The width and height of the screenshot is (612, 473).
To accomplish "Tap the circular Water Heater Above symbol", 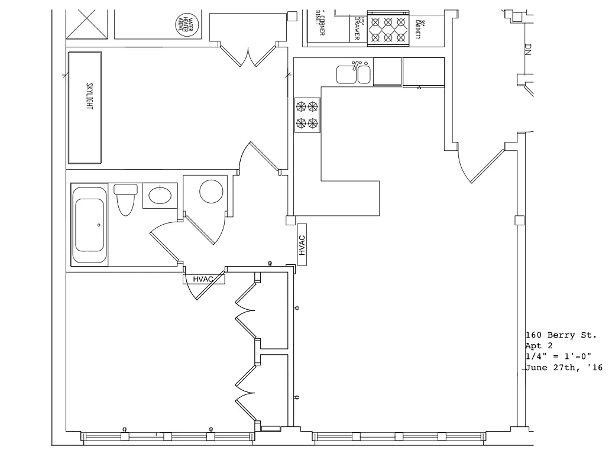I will click(187, 24).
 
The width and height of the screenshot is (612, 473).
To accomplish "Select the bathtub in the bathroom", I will click(89, 225).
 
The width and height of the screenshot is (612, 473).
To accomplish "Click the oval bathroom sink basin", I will click(160, 195).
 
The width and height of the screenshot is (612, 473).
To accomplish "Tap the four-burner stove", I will click(307, 115).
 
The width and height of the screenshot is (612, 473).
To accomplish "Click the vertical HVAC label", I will click(302, 245).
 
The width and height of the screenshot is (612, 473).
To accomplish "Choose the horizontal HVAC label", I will click(203, 279).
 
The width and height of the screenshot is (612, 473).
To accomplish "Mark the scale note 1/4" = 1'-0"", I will click(565, 357).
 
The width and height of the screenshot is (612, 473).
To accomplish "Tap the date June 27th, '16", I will click(564, 368).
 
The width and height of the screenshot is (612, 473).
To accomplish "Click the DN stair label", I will click(528, 50).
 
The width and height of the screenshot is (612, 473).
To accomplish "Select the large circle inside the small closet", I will click(211, 192).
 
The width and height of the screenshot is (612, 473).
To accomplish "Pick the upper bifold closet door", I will click(245, 310).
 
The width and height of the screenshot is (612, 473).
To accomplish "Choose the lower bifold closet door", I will click(245, 390).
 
